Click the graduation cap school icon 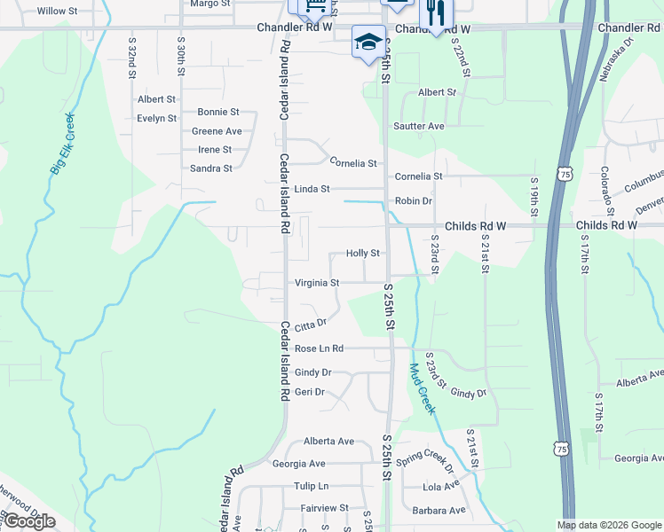click(x=368, y=42)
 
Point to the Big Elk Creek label click(x=62, y=144)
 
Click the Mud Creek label click(x=422, y=388)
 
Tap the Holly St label click(x=363, y=254)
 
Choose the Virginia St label click(x=317, y=284)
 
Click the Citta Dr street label click(x=311, y=325)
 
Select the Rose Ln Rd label click(x=319, y=349)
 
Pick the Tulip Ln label click(x=311, y=487)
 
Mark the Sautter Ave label click(x=419, y=127)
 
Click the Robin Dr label click(x=414, y=201)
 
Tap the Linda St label click(x=312, y=190)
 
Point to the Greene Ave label click(x=217, y=131)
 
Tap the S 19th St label click(x=534, y=197)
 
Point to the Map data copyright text click(x=609, y=525)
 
